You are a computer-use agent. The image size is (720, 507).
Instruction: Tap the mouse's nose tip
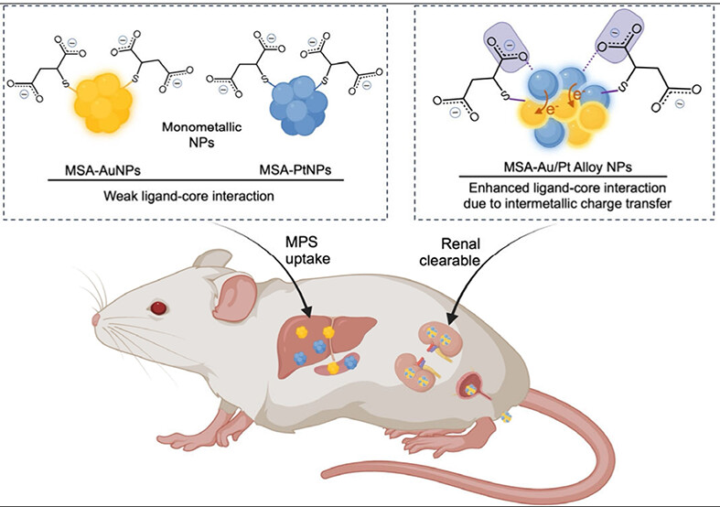point(95,320)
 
